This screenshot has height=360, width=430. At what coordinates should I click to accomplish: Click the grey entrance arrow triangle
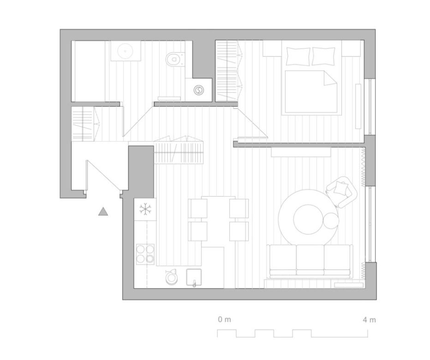(x=103, y=211)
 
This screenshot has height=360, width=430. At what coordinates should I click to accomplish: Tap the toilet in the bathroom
(x=174, y=59)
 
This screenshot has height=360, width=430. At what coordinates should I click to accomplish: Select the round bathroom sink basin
(x=125, y=51)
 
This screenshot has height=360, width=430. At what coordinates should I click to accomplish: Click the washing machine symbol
(x=198, y=90)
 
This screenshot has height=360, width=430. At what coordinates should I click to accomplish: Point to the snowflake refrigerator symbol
(x=145, y=209)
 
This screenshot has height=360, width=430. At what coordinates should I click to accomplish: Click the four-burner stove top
(x=145, y=254)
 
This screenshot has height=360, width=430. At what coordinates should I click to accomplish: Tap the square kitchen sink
(x=194, y=277)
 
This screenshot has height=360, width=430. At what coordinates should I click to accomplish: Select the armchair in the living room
(x=342, y=192)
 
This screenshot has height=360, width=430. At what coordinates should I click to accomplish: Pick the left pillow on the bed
(x=299, y=56)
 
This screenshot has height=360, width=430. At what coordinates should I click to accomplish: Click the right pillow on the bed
(x=323, y=56)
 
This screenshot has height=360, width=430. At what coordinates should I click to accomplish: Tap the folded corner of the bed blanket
(x=330, y=78)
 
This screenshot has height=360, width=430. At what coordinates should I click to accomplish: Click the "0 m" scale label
(x=224, y=319)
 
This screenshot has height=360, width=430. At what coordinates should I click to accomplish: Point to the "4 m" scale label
(x=369, y=320)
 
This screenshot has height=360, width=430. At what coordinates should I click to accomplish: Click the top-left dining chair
(x=197, y=208)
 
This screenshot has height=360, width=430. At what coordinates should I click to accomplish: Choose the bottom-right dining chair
(x=239, y=231)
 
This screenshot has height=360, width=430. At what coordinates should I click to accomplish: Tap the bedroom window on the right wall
(x=370, y=107)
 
